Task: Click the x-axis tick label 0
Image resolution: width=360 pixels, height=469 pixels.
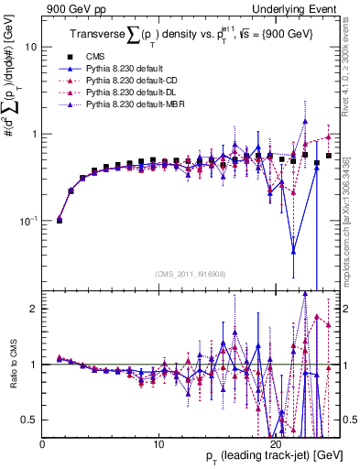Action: point(42,444)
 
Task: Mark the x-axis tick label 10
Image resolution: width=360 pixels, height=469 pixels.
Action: point(158,444)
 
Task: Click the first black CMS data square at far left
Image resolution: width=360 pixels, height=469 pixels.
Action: point(60,221)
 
